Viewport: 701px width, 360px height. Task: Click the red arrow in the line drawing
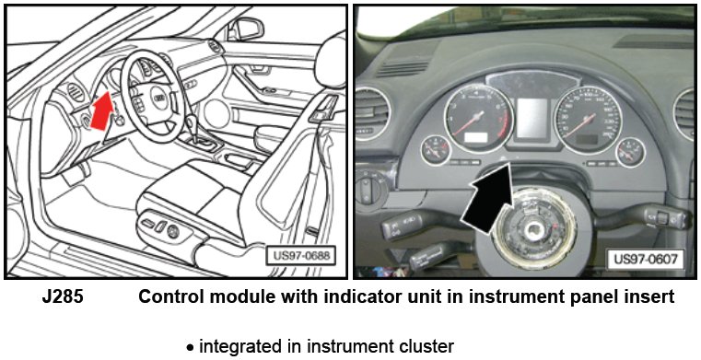click(102, 110)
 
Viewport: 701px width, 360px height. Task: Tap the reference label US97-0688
click(300, 256)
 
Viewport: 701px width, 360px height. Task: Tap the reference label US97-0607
click(645, 259)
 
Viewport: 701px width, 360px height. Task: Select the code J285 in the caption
click(63, 297)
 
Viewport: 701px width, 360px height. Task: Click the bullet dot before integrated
click(191, 347)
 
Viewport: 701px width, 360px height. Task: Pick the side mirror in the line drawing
click(245, 29)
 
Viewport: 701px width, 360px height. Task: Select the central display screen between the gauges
click(532, 118)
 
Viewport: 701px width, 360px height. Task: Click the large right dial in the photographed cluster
click(588, 120)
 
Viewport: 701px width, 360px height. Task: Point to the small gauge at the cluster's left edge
click(436, 150)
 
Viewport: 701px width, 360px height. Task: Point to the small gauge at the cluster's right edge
click(630, 152)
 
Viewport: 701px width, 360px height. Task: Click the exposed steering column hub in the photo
click(534, 228)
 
